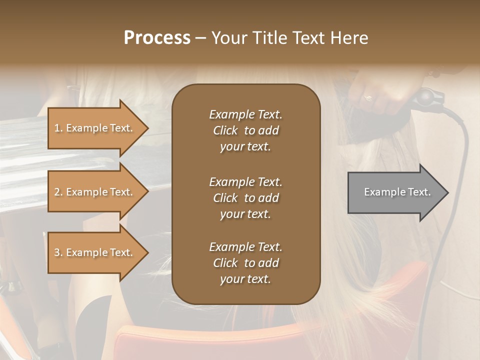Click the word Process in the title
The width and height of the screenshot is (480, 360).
157,38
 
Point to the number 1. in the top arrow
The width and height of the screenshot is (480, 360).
58,128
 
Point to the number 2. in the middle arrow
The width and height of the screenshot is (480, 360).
58,192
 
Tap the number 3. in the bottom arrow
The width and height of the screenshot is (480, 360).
58,252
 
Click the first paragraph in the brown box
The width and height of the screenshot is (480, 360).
245,130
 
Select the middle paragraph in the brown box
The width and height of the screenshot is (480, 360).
245,198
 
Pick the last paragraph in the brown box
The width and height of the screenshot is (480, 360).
245,263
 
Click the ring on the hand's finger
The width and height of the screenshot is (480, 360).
368,97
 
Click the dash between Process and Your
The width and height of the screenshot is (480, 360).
201,38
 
